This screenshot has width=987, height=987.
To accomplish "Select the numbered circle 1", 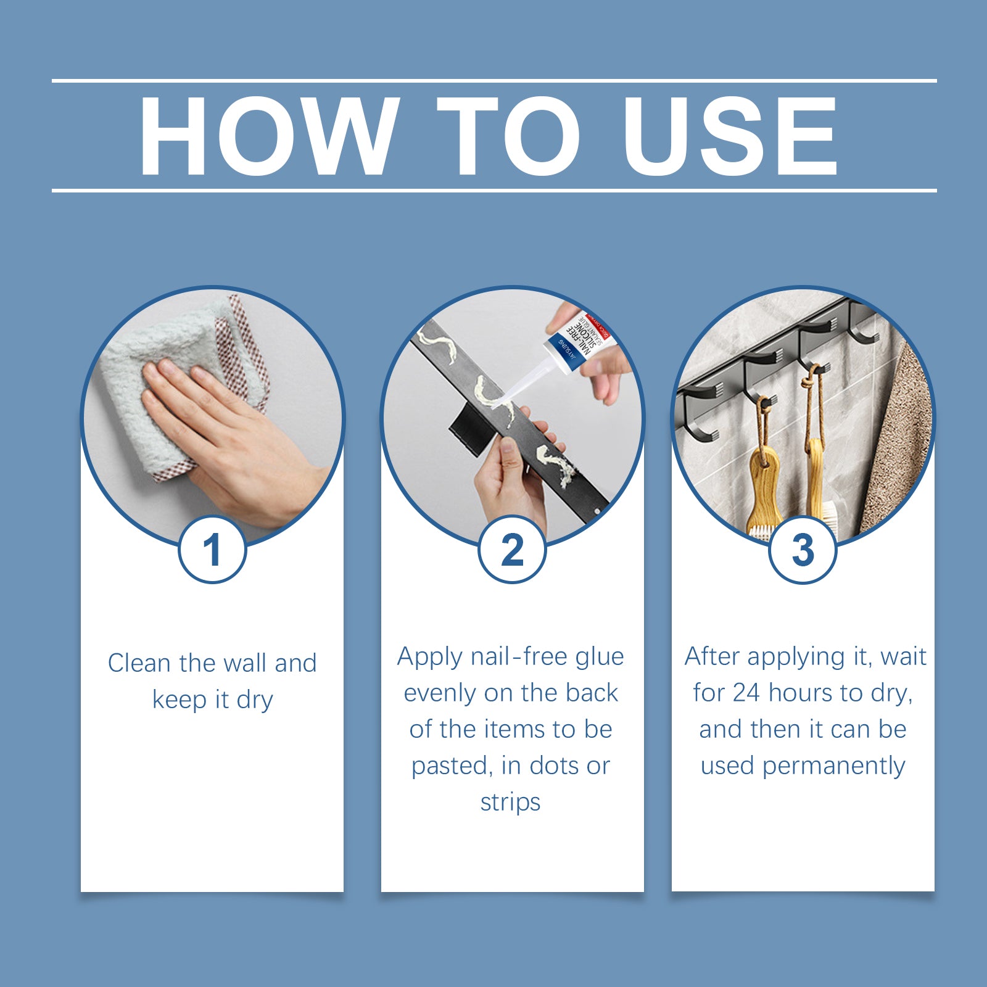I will point(212,550).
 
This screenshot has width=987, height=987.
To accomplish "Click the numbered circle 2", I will point(512,550).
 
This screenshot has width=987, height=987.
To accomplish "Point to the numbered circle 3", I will point(803,550).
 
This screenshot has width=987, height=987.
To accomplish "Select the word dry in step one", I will point(254,700).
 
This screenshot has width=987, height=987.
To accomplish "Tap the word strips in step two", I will point(510,802).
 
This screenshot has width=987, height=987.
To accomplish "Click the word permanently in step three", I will point(833,766).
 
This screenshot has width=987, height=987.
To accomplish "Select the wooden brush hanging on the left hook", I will point(765,487).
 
